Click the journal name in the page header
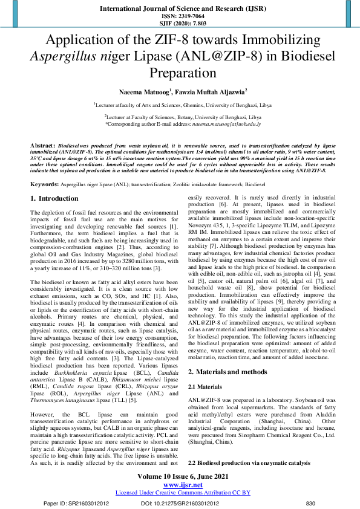pyautogui.click(x=180, y=8)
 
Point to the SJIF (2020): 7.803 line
pyautogui.click(x=180, y=24)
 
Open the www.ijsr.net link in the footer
pyautogui.click(x=180, y=485)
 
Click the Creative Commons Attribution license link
pyautogui.click(x=180, y=493)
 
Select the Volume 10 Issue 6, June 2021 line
pyautogui.click(x=180, y=478)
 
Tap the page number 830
pyautogui.click(x=311, y=502)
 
